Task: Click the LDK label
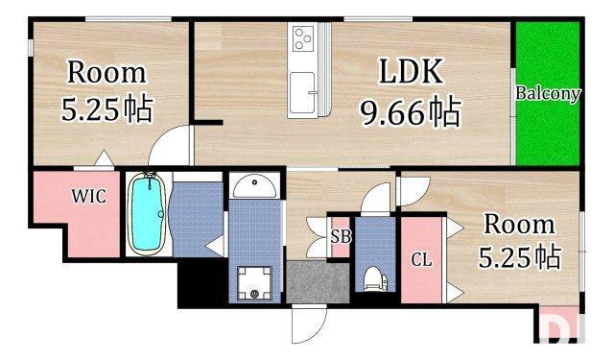[410, 73]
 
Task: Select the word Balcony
[548, 93]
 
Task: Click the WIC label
[87, 196]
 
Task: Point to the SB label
[340, 236]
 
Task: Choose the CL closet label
[420, 259]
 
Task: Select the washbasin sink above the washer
[254, 185]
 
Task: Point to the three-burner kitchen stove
[305, 39]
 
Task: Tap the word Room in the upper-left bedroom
[106, 73]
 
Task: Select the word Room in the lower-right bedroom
[518, 225]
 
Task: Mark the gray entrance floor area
[317, 282]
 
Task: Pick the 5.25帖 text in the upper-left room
[106, 109]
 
